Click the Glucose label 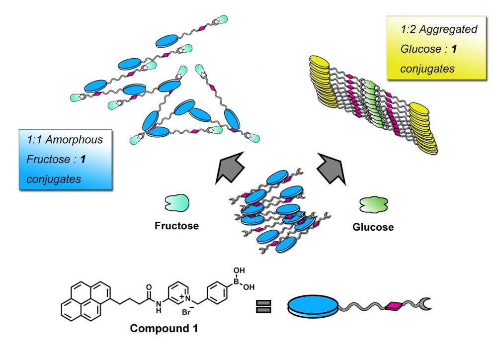click(373, 227)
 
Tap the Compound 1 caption click(164, 329)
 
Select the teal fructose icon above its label click(175, 203)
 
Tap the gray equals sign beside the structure click(263, 304)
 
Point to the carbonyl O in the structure click(149, 273)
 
